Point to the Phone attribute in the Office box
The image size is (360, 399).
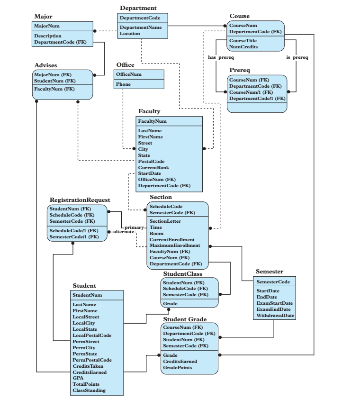pos(124,85)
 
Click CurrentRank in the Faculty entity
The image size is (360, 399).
pos(153,167)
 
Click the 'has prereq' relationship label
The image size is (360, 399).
pos(220,58)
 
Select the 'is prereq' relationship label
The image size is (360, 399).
pos(297,58)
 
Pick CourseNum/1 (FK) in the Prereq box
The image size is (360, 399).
pos(251,92)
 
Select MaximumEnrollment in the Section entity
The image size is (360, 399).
pos(174,245)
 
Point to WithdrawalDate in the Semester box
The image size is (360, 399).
pos(274,315)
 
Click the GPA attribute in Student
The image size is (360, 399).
pos(78,378)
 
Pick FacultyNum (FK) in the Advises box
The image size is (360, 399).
pos(54,89)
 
